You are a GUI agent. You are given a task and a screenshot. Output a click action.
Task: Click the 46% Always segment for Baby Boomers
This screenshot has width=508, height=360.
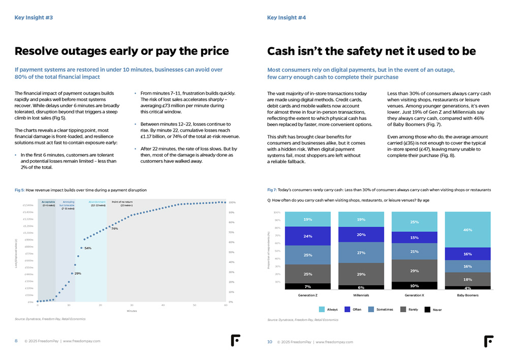pyautogui.click(x=467, y=230)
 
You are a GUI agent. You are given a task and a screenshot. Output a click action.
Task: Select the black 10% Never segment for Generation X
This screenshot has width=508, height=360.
pyautogui.click(x=414, y=285)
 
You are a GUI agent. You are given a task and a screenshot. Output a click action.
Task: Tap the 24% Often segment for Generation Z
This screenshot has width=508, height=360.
pyautogui.click(x=308, y=236)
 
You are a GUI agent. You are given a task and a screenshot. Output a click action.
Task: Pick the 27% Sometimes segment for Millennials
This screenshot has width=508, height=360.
pyautogui.click(x=361, y=252)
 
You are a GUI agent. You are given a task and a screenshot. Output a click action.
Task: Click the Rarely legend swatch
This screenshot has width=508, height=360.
pyautogui.click(x=404, y=309)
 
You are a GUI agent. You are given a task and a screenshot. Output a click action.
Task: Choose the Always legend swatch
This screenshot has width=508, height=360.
pyautogui.click(x=322, y=309)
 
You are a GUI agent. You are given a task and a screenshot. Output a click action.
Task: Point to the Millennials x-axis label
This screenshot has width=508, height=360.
pyautogui.click(x=361, y=295)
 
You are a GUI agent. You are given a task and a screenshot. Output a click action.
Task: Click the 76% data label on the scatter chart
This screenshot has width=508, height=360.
pyautogui.click(x=115, y=229)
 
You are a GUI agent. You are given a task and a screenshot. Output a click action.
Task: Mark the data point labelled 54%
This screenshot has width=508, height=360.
pyautogui.click(x=81, y=248)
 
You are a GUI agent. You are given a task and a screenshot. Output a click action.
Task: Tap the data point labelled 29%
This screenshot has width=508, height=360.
pyautogui.click(x=72, y=273)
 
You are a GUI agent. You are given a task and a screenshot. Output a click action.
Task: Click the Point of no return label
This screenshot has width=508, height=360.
pyautogui.click(x=122, y=202)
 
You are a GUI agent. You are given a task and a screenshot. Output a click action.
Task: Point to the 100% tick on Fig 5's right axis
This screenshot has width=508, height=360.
pyautogui.click(x=232, y=202)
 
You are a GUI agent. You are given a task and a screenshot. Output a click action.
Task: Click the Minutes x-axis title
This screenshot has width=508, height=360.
pyautogui.click(x=132, y=311)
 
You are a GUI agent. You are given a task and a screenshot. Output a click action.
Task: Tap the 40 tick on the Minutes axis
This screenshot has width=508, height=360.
pyautogui.click(x=163, y=306)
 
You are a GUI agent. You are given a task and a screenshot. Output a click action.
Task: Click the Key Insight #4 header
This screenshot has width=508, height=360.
pyautogui.click(x=287, y=18)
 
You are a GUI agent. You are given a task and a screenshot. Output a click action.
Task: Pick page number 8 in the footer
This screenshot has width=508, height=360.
pyautogui.click(x=16, y=342)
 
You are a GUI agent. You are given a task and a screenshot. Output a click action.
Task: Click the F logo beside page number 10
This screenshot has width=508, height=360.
pyautogui.click(x=488, y=341)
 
